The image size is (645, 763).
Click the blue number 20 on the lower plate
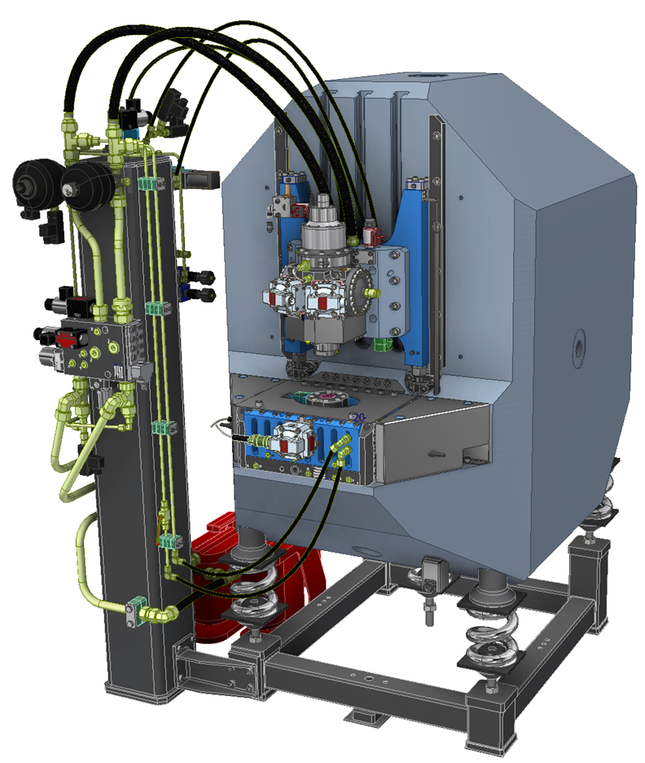click(x=359, y=418)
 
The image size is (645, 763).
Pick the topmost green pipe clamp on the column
click(x=147, y=184)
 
